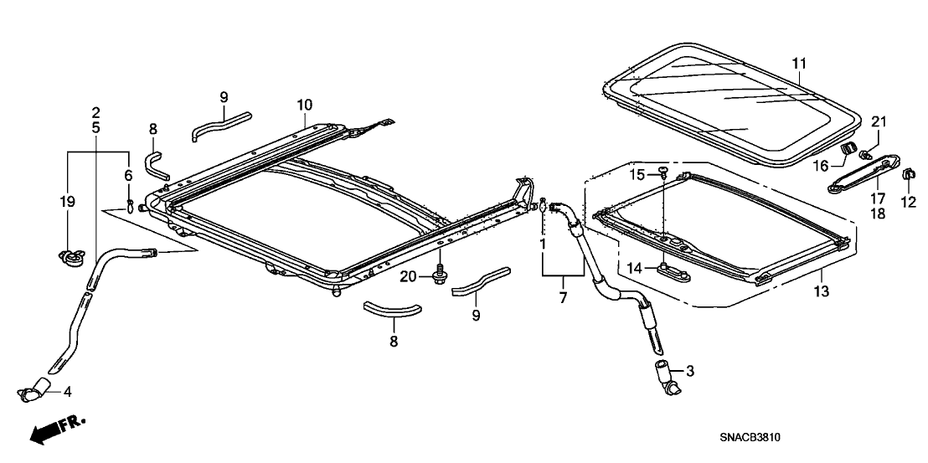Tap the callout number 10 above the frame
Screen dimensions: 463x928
(x=303, y=105)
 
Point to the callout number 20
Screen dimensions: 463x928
(x=408, y=277)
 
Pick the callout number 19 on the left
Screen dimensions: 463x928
(x=68, y=202)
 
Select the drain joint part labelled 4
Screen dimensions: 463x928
(x=38, y=388)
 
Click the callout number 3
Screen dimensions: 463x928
(x=689, y=369)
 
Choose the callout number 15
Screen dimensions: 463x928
(x=637, y=174)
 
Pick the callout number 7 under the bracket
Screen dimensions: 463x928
(x=563, y=297)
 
